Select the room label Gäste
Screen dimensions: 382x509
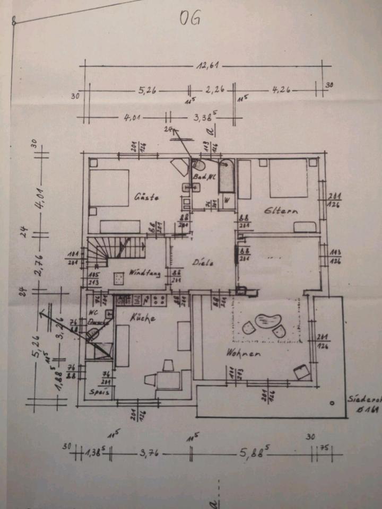click(147, 197)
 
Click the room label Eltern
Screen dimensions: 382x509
click(281, 210)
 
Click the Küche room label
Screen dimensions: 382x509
click(142, 318)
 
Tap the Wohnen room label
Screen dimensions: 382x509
click(243, 353)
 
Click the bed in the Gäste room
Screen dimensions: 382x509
click(109, 188)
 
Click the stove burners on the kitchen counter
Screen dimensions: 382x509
click(158, 300)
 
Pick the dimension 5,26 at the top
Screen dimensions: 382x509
click(149, 91)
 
